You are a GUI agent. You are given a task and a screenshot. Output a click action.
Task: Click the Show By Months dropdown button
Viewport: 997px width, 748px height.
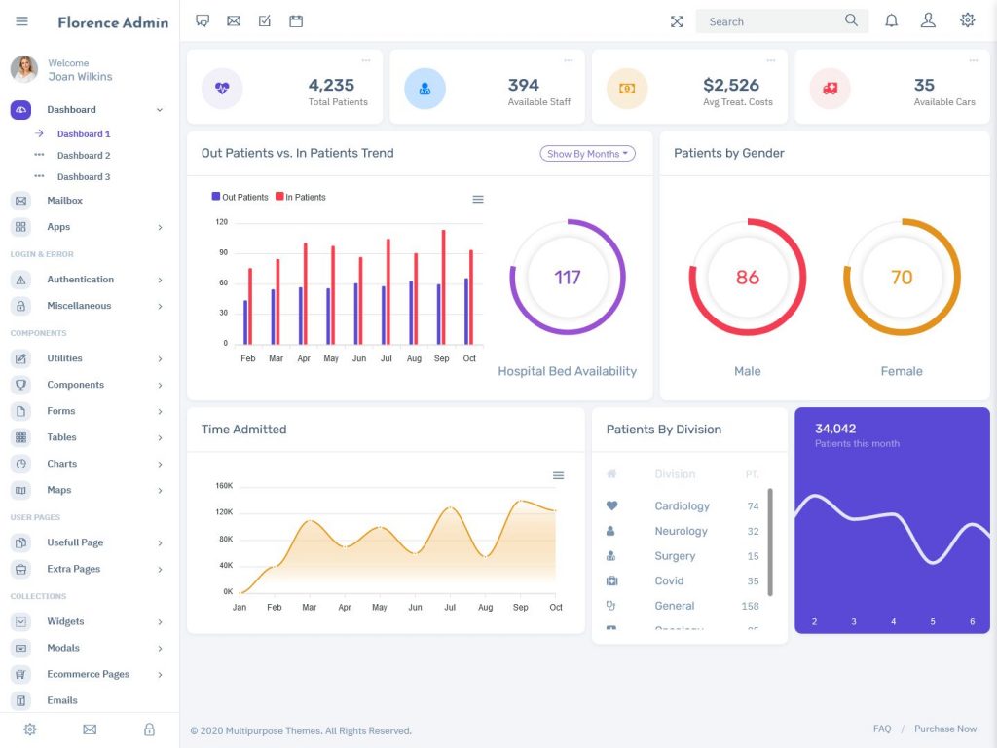[x=587, y=154]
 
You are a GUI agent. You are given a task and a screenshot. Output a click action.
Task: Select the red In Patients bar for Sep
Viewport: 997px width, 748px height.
[x=444, y=287]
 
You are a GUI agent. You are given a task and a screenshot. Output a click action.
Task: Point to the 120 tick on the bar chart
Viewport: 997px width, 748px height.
[x=221, y=222]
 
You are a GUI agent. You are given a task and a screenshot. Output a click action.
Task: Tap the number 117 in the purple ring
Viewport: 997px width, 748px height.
[x=568, y=278]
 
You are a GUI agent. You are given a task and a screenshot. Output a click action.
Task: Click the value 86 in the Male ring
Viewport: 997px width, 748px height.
[x=747, y=278]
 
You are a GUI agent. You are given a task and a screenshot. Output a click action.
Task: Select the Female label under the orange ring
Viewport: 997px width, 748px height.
[x=901, y=371]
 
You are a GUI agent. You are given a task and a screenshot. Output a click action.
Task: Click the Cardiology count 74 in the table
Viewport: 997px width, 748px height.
[x=753, y=506]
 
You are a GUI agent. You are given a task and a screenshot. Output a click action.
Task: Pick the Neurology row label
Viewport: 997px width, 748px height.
[x=681, y=531]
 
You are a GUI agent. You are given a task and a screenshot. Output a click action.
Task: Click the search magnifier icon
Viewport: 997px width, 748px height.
[x=851, y=20]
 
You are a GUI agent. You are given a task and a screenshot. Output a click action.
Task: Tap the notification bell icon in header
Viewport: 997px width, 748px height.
[x=891, y=20]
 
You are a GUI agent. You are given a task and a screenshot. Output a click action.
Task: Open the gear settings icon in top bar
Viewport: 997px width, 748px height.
[x=967, y=20]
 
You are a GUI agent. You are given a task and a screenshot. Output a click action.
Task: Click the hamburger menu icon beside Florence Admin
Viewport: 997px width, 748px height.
[x=22, y=21]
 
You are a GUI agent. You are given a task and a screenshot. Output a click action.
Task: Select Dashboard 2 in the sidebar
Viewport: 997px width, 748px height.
[x=84, y=156]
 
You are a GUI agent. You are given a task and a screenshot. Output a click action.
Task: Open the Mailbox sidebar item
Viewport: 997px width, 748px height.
[x=64, y=201]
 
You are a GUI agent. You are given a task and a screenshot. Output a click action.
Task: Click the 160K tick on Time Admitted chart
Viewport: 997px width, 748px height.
[x=224, y=486]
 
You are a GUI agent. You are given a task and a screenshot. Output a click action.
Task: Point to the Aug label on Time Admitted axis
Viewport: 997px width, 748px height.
[x=485, y=608]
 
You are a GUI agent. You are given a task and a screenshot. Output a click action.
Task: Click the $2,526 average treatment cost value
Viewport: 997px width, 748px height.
[x=730, y=85]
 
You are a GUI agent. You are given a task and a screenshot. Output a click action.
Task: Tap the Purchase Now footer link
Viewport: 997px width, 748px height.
[x=944, y=729]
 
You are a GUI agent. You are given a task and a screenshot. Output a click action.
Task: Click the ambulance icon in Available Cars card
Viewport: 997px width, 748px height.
[x=830, y=89]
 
